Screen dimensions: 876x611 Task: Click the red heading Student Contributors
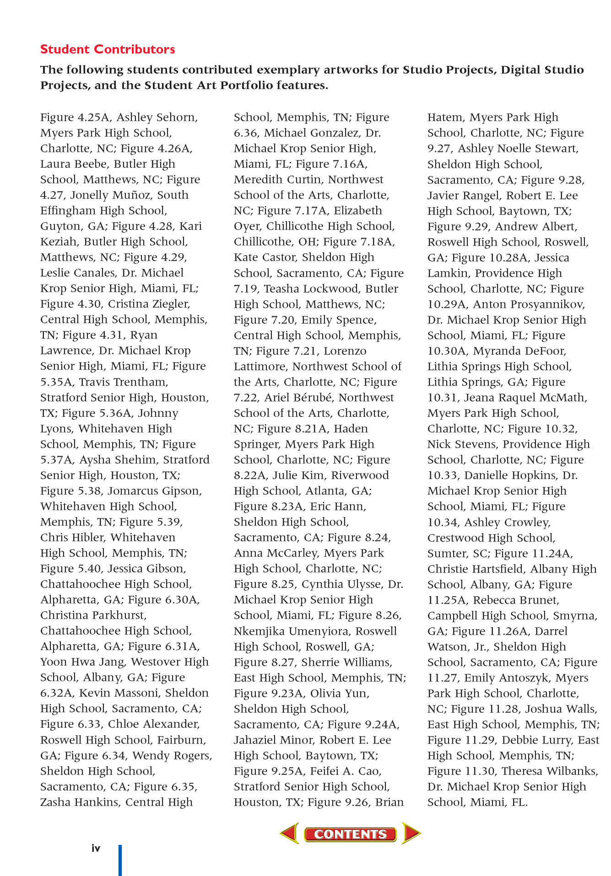pyautogui.click(x=108, y=49)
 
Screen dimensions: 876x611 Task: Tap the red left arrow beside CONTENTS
pyautogui.click(x=290, y=833)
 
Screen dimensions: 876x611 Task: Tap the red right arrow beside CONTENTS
pyautogui.click(x=411, y=833)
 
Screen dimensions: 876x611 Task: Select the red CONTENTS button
pyautogui.click(x=350, y=834)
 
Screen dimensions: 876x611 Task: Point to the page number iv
pyautogui.click(x=96, y=849)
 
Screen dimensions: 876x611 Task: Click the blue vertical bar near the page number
pyautogui.click(x=120, y=860)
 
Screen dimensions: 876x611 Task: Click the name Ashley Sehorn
pyautogui.click(x=157, y=118)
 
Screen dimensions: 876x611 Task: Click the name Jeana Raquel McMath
pyautogui.click(x=525, y=398)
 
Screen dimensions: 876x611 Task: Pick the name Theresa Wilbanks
pyautogui.click(x=550, y=771)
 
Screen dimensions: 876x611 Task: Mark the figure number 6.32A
pyautogui.click(x=57, y=693)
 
